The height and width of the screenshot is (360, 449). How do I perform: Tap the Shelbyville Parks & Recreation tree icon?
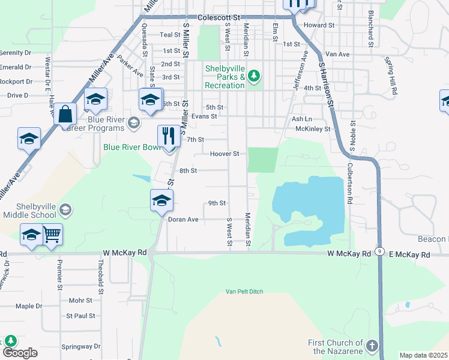[255, 76]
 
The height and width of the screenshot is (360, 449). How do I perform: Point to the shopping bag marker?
[65, 113]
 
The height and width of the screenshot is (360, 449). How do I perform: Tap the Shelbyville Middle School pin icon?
[65, 210]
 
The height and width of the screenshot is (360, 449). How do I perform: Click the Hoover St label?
[224, 154]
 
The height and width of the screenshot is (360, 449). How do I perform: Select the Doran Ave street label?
[182, 220]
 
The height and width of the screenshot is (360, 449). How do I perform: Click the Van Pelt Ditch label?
[244, 292]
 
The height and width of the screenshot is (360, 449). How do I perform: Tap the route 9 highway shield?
[380, 253]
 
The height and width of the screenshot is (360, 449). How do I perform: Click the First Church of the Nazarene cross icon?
[372, 346]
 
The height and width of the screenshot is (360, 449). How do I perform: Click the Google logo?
[20, 353]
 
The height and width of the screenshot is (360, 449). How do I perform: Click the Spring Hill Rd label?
[393, 77]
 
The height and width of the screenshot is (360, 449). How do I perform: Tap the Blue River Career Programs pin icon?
[134, 123]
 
